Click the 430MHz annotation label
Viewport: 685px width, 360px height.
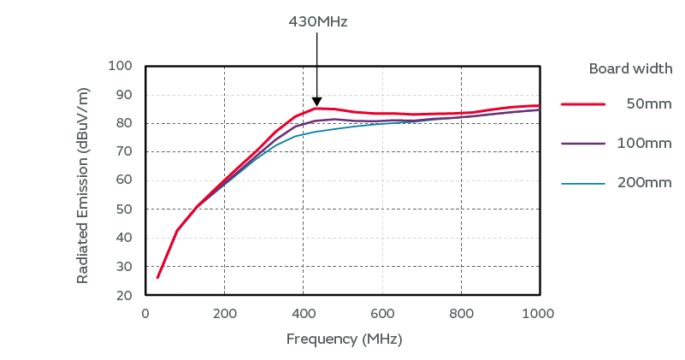317,22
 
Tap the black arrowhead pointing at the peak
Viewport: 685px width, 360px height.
316,101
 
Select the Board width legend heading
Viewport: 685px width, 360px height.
630,68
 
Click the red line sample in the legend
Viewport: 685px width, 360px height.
583,103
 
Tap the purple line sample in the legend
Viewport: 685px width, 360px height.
583,144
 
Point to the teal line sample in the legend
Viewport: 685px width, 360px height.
583,183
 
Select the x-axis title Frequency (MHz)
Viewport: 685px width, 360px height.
344,339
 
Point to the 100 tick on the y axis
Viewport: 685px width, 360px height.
121,66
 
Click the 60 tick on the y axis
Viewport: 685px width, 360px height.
124,180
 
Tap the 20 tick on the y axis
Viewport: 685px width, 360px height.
124,295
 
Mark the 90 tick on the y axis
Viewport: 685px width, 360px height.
124,95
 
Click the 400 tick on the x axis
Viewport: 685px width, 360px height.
303,313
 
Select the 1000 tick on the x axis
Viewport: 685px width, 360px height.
539,313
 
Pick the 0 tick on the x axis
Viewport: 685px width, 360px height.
145,313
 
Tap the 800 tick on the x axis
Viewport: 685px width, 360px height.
460,313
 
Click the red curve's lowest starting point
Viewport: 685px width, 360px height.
157,277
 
